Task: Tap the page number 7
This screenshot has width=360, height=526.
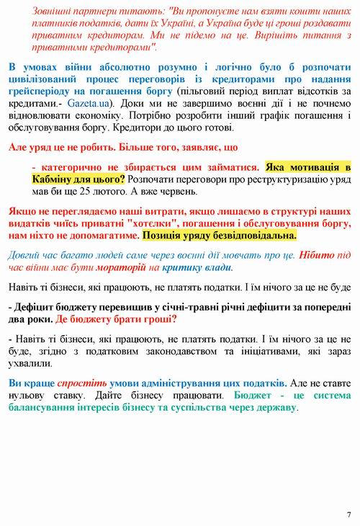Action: [348, 514]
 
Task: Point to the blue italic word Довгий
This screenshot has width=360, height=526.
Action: [26, 254]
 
